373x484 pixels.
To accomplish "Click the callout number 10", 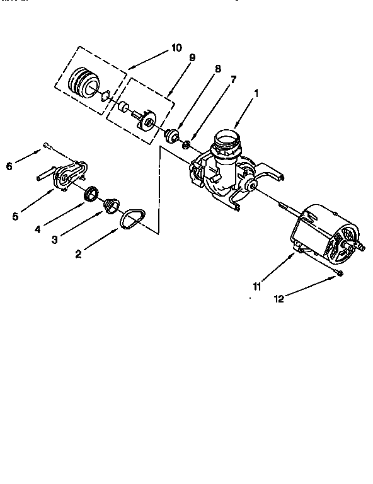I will pos(176,47).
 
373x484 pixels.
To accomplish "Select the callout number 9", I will pos(192,57).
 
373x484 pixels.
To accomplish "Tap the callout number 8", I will pos(217,69).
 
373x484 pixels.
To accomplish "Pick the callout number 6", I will pos(9,166).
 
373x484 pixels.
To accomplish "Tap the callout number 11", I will pos(257,287).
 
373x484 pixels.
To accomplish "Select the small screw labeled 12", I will pos(339,272).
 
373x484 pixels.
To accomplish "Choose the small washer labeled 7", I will pos(187,146).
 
